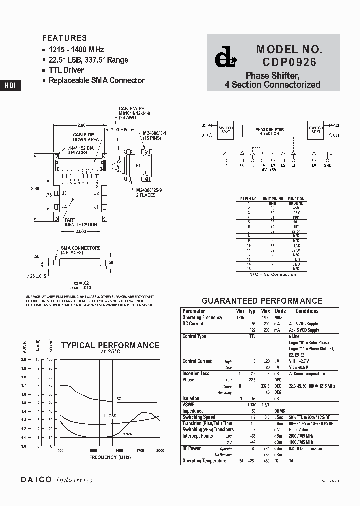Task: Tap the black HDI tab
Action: click(10, 85)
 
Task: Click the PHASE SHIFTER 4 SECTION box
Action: click(270, 131)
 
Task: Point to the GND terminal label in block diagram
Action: click(327, 165)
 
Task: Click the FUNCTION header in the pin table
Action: click(296, 198)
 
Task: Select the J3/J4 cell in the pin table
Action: click(296, 250)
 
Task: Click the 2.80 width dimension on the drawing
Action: click(82, 125)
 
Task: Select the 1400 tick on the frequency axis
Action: click(118, 451)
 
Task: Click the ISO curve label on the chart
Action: click(118, 399)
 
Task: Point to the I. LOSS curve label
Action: click(110, 416)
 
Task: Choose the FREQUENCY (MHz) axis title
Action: click(110, 457)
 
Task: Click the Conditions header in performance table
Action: click(307, 311)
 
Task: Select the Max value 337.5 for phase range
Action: click(265, 386)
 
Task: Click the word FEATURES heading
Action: click(64, 38)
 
